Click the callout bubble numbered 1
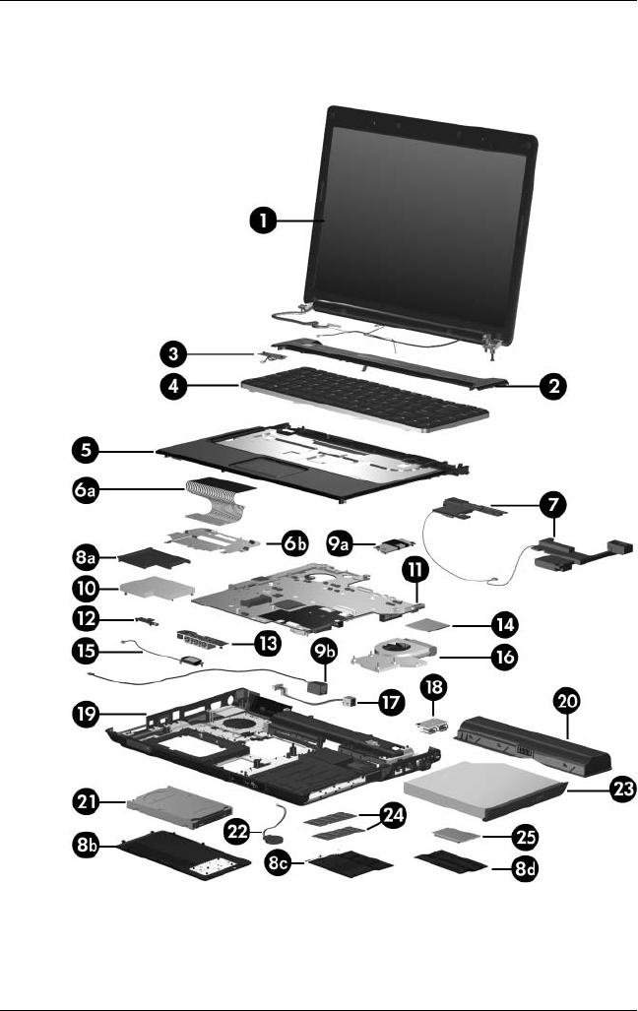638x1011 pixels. pos(261,222)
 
